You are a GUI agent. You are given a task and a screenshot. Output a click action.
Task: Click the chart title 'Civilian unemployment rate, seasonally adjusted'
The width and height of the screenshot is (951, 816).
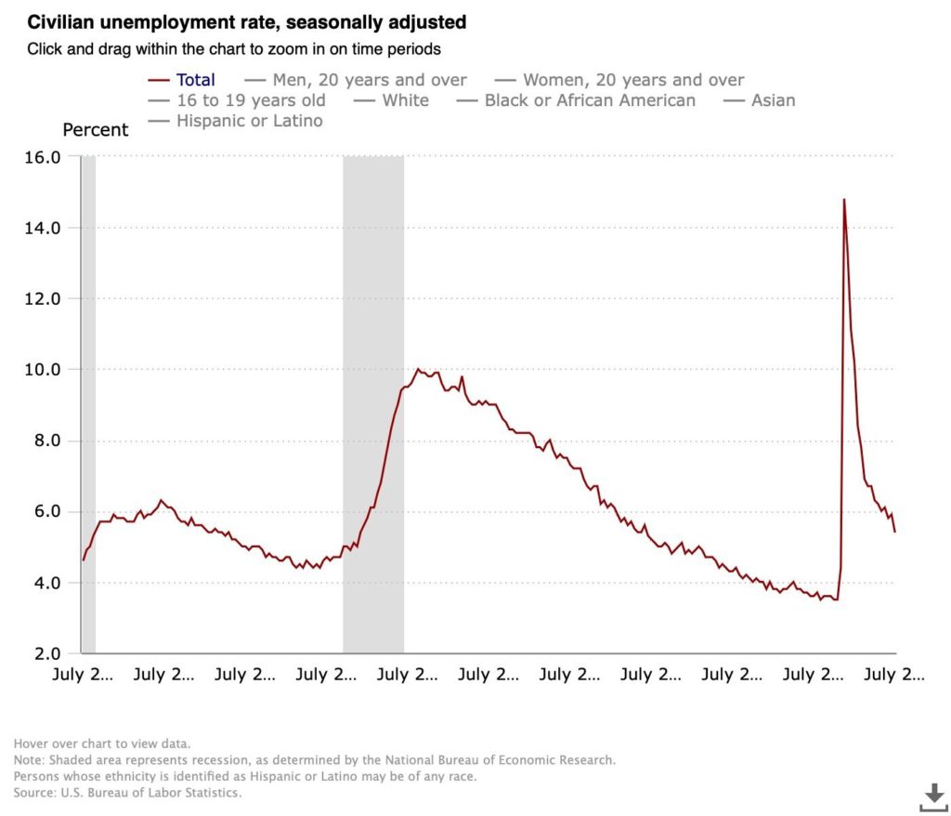(246, 20)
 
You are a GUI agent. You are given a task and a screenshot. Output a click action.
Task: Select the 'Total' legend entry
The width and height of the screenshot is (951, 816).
(195, 80)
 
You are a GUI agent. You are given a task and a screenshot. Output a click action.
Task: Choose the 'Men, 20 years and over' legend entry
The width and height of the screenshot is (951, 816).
(370, 80)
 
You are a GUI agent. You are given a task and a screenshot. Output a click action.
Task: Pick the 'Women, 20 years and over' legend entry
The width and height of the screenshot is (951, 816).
(633, 80)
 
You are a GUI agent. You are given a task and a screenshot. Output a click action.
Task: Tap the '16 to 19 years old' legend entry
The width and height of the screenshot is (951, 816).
(251, 100)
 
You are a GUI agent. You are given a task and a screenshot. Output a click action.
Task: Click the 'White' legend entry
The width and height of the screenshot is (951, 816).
(405, 100)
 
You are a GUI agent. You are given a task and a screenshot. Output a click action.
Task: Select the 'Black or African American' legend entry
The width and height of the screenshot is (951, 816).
(590, 100)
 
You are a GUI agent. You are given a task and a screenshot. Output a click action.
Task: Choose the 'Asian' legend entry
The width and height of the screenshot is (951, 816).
(773, 100)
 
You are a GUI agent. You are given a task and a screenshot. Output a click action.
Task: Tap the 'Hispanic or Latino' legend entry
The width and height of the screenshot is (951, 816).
(249, 121)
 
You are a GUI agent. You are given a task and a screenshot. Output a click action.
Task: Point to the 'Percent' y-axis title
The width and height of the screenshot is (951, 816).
(96, 130)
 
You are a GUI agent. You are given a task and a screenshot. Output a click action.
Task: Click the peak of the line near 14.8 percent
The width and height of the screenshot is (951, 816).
(844, 199)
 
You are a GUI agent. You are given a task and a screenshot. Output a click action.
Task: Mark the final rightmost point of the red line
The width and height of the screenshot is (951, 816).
(894, 532)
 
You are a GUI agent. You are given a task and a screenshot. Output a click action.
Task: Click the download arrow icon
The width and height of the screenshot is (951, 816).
(932, 796)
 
